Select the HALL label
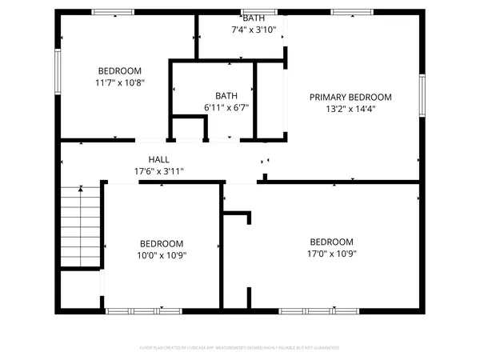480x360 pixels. pyautogui.click(x=158, y=160)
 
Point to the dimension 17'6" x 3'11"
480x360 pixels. pyautogui.click(x=158, y=171)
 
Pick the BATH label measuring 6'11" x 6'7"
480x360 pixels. pyautogui.click(x=226, y=96)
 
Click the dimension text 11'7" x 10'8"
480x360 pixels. pyautogui.click(x=119, y=82)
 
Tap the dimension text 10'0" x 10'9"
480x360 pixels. pyautogui.click(x=162, y=255)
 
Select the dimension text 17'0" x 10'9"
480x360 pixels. pyautogui.click(x=331, y=254)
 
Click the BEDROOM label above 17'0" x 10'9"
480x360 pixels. pyautogui.click(x=331, y=242)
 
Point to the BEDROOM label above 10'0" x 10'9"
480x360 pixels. pyautogui.click(x=162, y=244)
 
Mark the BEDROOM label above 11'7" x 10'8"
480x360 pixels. pyautogui.click(x=119, y=70)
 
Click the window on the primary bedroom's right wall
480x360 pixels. pyautogui.click(x=422, y=96)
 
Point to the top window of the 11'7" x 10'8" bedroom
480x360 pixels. pyautogui.click(x=113, y=12)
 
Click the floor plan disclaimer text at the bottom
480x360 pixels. pyautogui.click(x=240, y=348)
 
